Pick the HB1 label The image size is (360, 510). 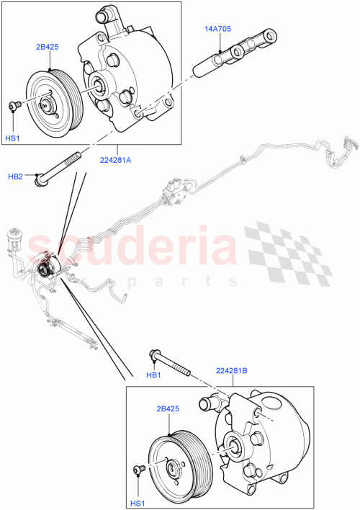tap(152, 373)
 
